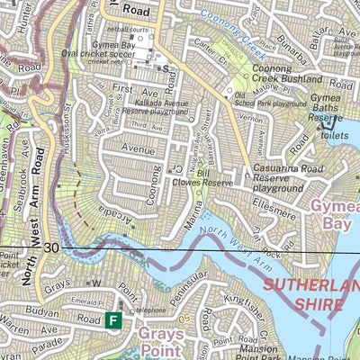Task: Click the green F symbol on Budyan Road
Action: coord(113,319)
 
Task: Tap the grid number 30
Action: coord(50,247)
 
